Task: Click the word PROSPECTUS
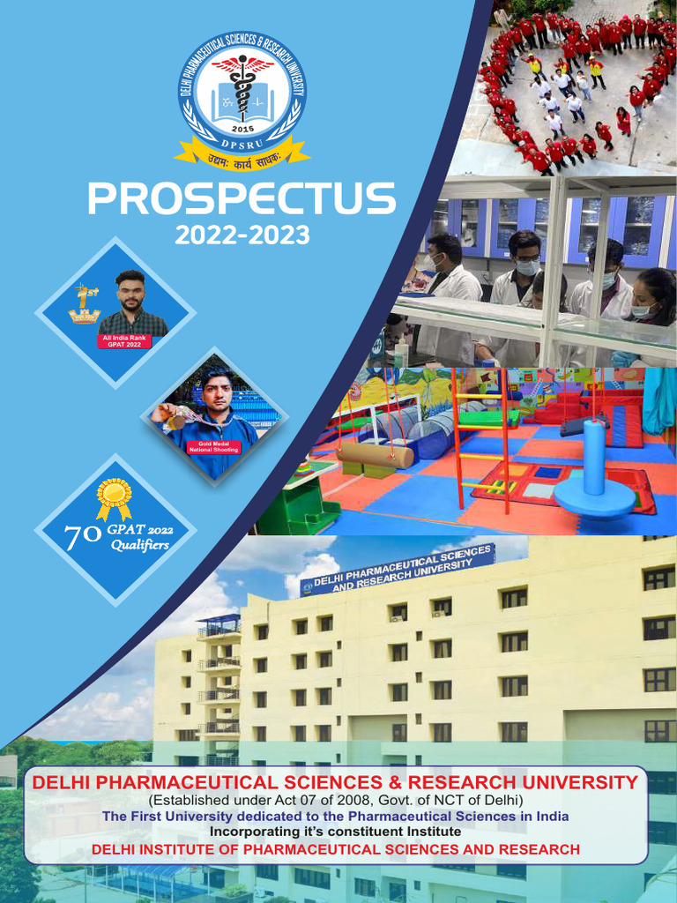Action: pyautogui.click(x=241, y=199)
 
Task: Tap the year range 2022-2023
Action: pyautogui.click(x=242, y=235)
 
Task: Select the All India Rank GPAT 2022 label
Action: pyautogui.click(x=124, y=340)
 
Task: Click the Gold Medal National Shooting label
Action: pyautogui.click(x=213, y=447)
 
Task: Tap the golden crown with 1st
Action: pyautogui.click(x=85, y=304)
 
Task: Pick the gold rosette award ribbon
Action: pyautogui.click(x=114, y=498)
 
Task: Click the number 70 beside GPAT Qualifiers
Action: pyautogui.click(x=82, y=537)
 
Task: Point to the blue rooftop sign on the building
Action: pyautogui.click(x=397, y=570)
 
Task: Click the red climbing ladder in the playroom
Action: pyautogui.click(x=481, y=441)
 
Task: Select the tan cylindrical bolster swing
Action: pyautogui.click(x=377, y=455)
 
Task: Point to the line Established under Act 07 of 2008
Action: pyautogui.click(x=335, y=801)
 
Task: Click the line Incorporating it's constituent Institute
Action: pyautogui.click(x=335, y=832)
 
